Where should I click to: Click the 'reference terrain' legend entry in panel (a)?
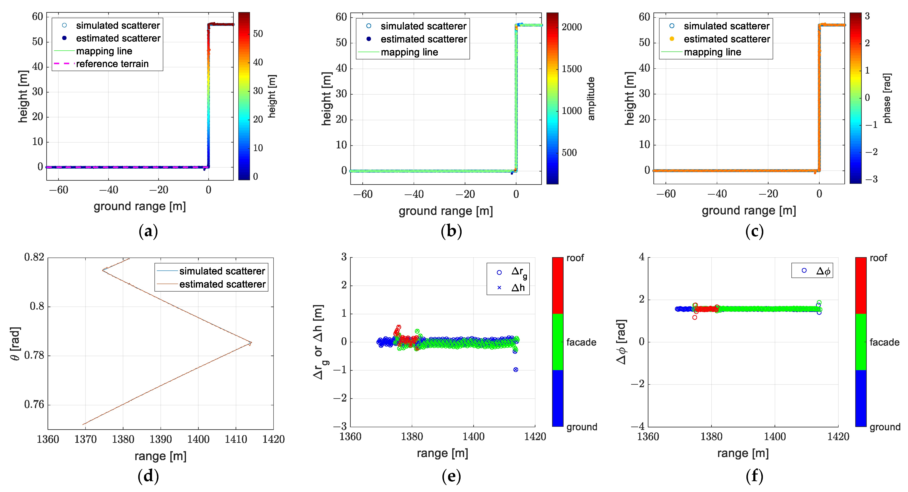[x=112, y=64]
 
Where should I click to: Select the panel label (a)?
[x=148, y=231]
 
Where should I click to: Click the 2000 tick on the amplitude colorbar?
[x=571, y=27]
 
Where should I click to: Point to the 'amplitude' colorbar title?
[x=591, y=99]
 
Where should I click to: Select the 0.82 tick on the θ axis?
[x=34, y=257]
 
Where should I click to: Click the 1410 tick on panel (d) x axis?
[x=236, y=439]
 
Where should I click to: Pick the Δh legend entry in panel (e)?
[x=517, y=288]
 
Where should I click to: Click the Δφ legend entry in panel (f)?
[x=823, y=271]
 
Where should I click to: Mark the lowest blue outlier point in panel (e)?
[x=516, y=369]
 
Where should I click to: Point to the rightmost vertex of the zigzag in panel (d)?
[x=251, y=343]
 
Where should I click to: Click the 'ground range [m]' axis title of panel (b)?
[x=446, y=211]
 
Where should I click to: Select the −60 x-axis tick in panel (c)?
[x=666, y=194]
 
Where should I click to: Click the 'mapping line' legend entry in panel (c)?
[x=712, y=52]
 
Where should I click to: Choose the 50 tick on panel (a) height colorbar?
[x=258, y=34]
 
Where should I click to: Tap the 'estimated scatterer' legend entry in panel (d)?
[x=222, y=284]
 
